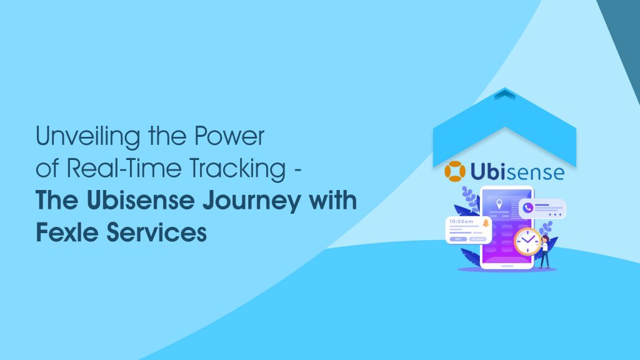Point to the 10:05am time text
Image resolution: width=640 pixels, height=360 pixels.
pos(461,222)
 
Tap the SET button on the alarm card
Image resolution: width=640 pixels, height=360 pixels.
pos(458,238)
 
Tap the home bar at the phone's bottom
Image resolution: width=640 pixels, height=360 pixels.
pos(506,266)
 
